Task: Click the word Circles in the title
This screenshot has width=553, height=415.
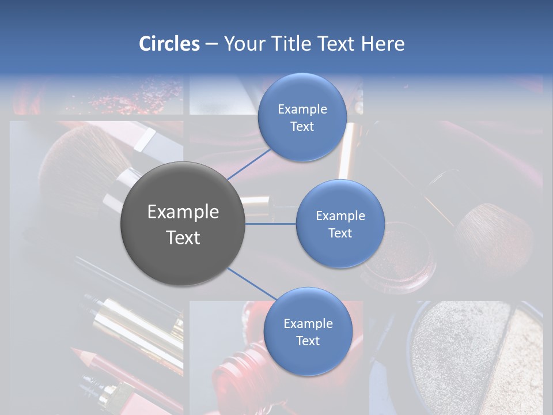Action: (x=169, y=44)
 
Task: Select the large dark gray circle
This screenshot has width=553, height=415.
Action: (x=183, y=224)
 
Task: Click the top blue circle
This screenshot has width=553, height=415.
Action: (x=302, y=117)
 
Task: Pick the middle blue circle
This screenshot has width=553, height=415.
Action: (x=340, y=224)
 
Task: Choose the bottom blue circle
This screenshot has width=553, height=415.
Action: (x=308, y=331)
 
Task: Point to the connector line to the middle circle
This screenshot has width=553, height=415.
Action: (x=271, y=223)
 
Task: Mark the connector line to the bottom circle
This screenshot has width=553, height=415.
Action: (x=251, y=284)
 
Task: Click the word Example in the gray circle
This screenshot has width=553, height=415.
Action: (x=183, y=212)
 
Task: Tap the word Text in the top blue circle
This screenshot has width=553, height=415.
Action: (x=302, y=127)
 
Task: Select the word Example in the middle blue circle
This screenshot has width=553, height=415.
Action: (x=340, y=216)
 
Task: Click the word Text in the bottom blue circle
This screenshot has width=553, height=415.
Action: (x=308, y=341)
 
